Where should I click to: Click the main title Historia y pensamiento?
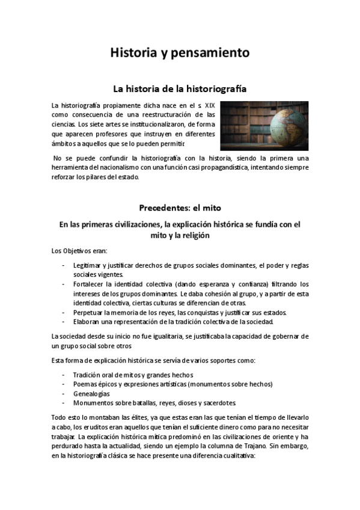tap(180, 53)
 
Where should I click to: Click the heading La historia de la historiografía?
tap(180, 88)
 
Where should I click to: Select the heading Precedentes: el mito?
tap(180, 208)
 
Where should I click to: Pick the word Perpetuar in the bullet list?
tap(88, 312)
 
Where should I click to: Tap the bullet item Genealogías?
tap(91, 393)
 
